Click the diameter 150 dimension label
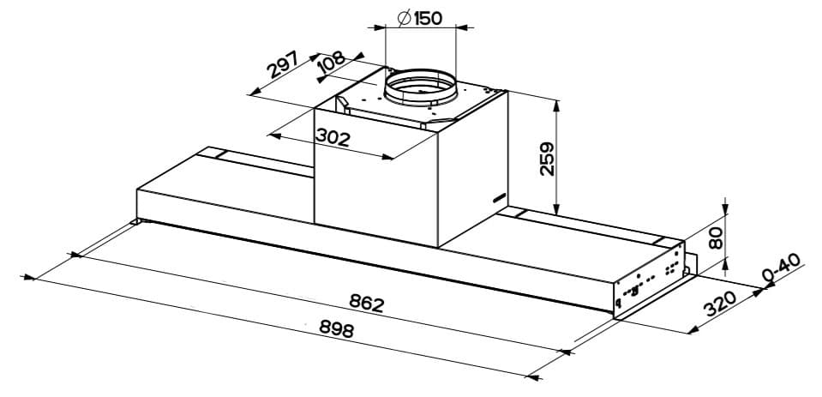(x=419, y=17)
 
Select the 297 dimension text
(x=282, y=65)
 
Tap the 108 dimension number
(x=331, y=63)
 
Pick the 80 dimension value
(x=716, y=238)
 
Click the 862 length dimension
(x=366, y=303)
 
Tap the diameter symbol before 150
(x=402, y=17)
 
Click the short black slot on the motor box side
(x=499, y=198)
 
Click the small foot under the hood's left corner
(x=137, y=224)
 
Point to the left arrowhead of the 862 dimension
(x=75, y=255)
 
